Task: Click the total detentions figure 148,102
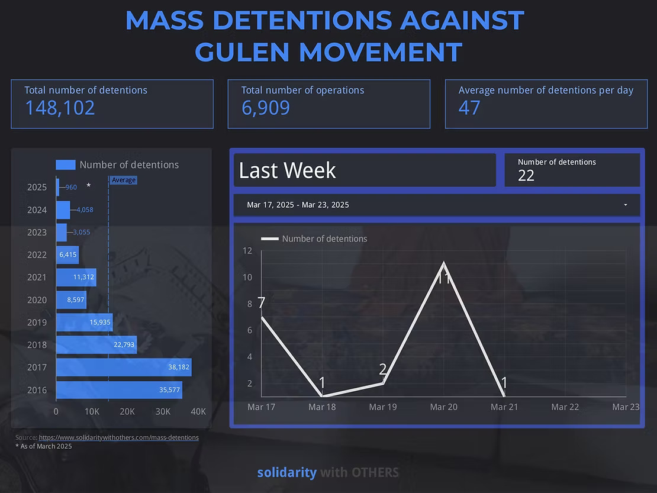tap(60, 108)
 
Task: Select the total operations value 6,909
tap(266, 108)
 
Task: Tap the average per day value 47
tap(469, 108)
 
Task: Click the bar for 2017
tap(123, 368)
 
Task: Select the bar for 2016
tap(119, 390)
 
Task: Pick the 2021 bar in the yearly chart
tap(76, 277)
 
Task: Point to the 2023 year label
tap(37, 233)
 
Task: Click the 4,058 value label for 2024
tap(85, 210)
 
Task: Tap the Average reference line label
tap(124, 180)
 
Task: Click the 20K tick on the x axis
tap(127, 412)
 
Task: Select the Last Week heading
tap(288, 171)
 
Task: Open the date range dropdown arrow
tap(626, 205)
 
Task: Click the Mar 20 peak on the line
tap(444, 263)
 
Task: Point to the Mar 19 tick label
tap(383, 407)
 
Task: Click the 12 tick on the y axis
tap(247, 251)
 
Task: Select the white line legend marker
tap(270, 239)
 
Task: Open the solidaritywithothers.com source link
tap(118, 437)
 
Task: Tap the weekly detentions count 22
tap(526, 175)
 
